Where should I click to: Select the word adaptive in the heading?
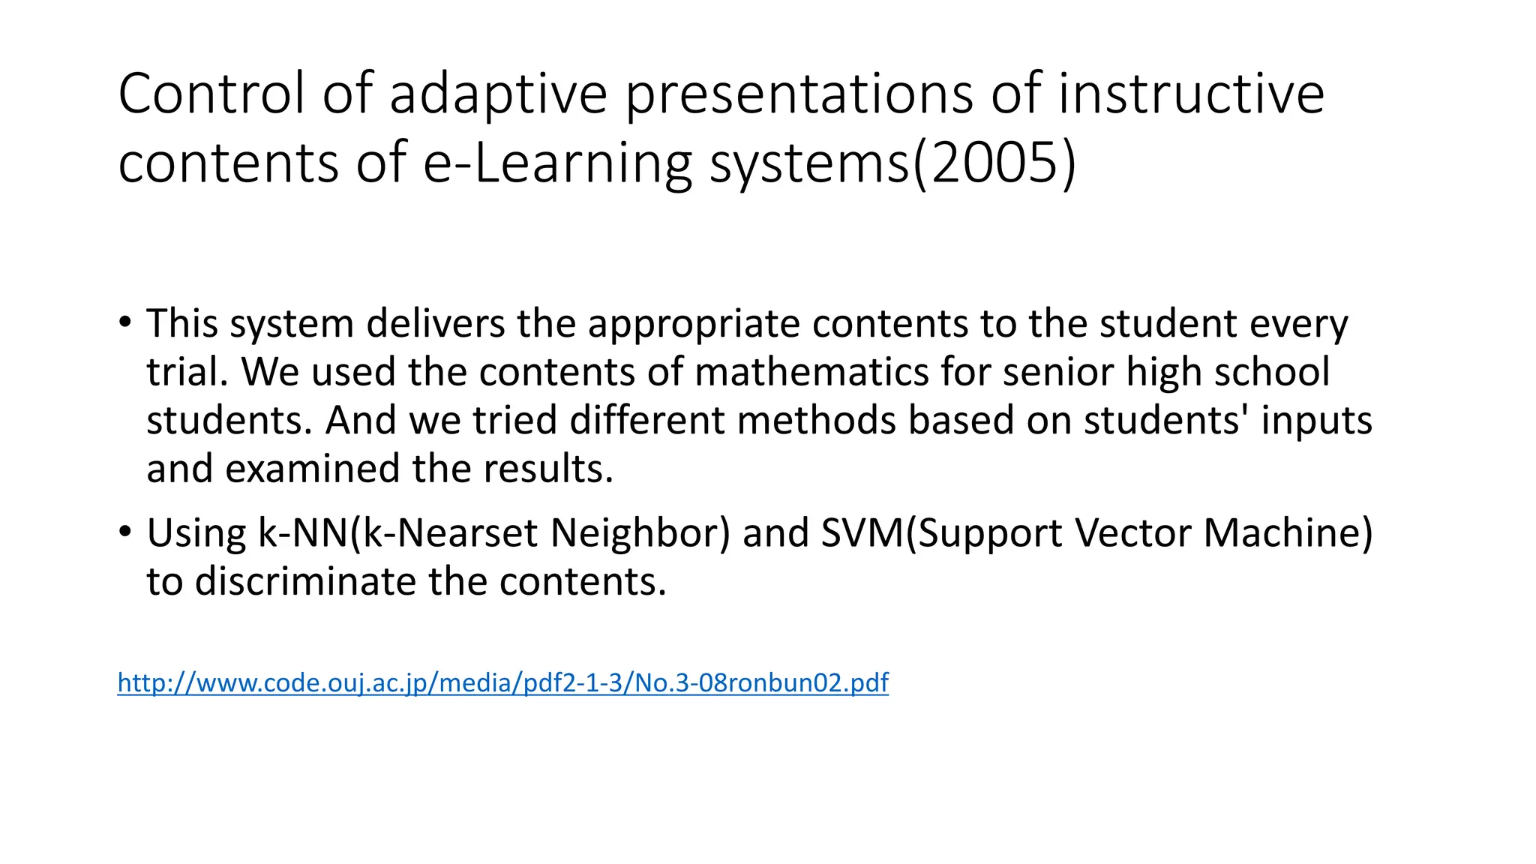point(498,94)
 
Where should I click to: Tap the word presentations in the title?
point(799,94)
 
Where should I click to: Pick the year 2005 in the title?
point(994,163)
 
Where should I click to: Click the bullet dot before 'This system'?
point(124,323)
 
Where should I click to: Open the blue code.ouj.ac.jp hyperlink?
point(502,682)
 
